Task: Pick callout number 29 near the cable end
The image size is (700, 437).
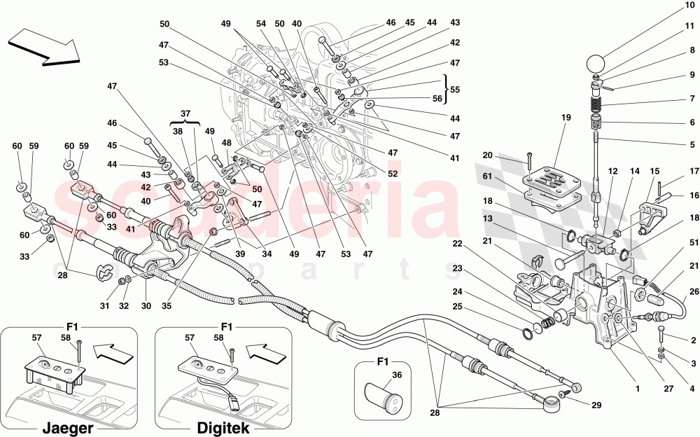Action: click(x=596, y=405)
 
